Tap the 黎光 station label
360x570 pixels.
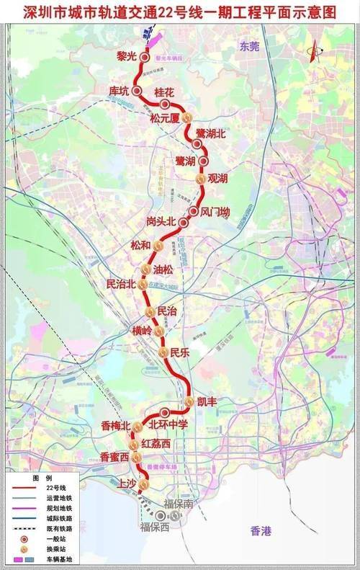click(127, 55)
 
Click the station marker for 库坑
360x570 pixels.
click(135, 91)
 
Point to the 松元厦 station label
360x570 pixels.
click(164, 118)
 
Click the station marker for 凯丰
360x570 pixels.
click(189, 401)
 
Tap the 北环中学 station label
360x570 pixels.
click(168, 425)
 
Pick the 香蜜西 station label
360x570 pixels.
click(114, 457)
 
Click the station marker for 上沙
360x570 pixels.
click(144, 485)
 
